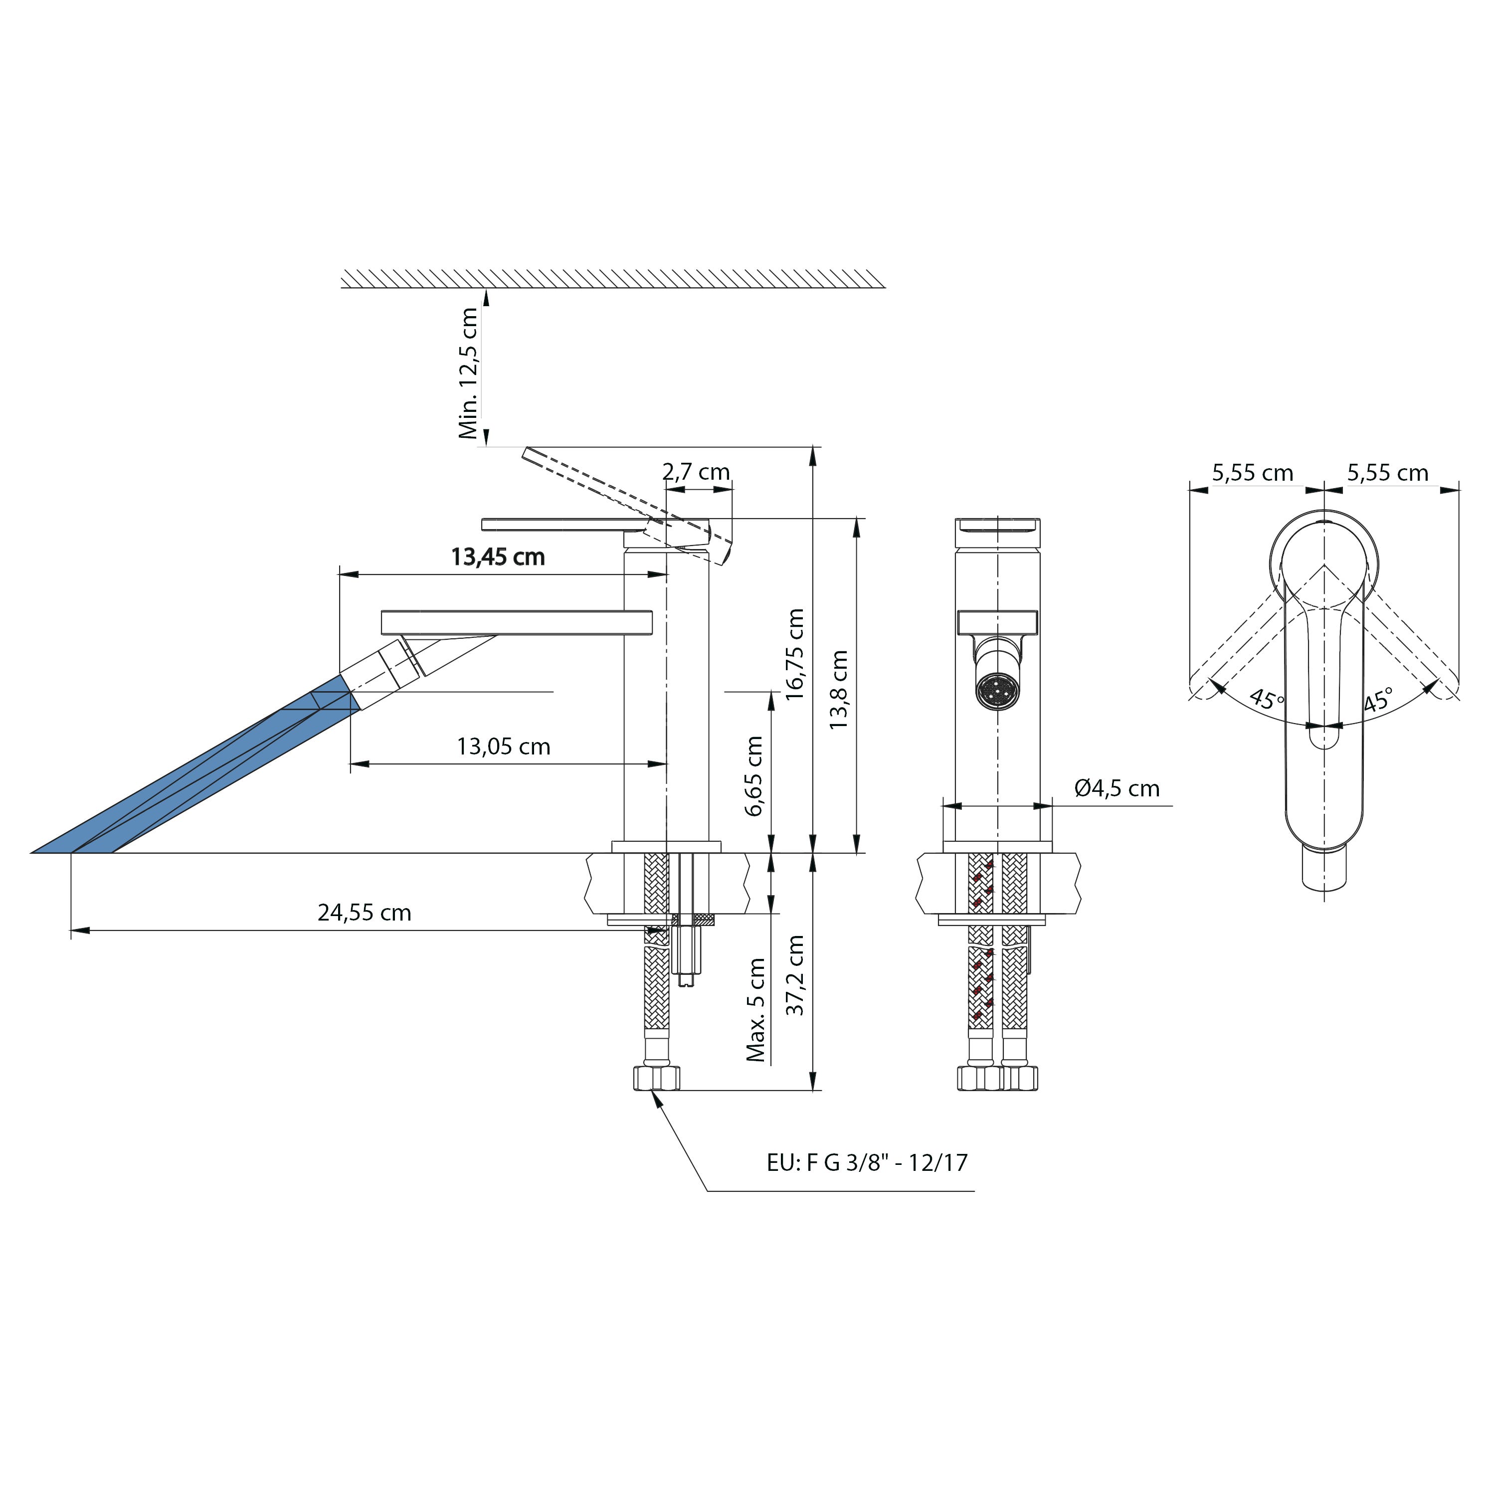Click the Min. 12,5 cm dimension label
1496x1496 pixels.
pyautogui.click(x=468, y=373)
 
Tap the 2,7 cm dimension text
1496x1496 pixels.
pyautogui.click(x=696, y=472)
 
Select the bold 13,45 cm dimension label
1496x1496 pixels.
pyautogui.click(x=498, y=557)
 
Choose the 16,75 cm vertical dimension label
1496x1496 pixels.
pyautogui.click(x=795, y=654)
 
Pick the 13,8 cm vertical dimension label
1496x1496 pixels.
pyautogui.click(x=839, y=689)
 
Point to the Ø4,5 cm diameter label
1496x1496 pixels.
pyautogui.click(x=1117, y=788)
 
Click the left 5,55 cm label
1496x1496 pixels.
pyautogui.click(x=1252, y=472)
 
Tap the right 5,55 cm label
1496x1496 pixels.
pyautogui.click(x=1388, y=472)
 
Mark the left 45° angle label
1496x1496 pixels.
pyautogui.click(x=1267, y=699)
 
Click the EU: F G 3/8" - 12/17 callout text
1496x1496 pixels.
pyautogui.click(x=867, y=1162)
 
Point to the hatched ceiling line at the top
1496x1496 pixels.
pyautogui.click(x=612, y=279)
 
